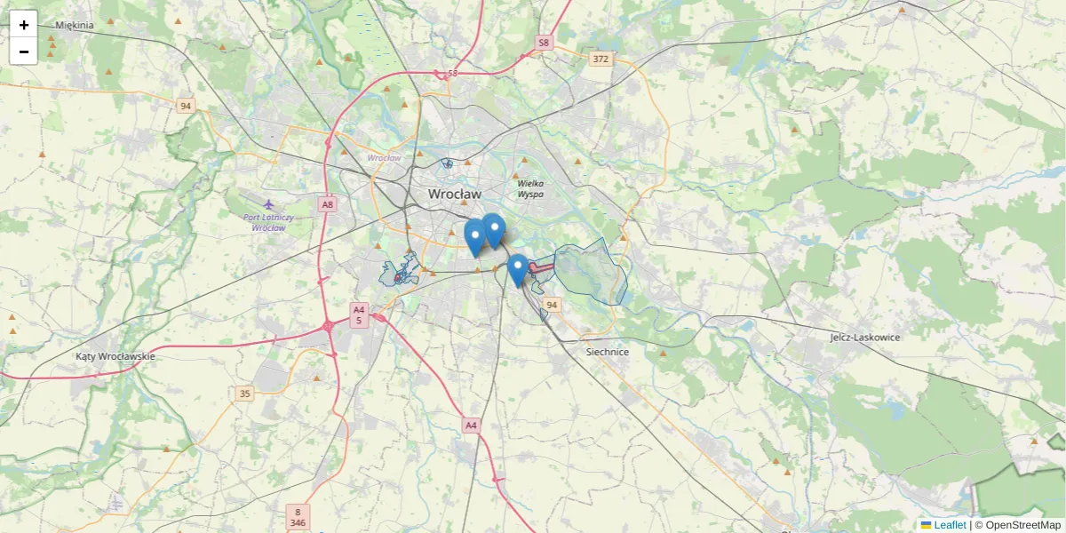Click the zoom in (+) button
(24, 25)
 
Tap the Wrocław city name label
(454, 193)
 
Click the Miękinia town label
(75, 25)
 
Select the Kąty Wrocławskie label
(115, 356)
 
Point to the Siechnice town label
(608, 352)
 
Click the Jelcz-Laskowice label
(865, 338)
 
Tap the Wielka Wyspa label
(531, 188)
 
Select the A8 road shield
(328, 204)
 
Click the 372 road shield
(601, 59)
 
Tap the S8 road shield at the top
(544, 42)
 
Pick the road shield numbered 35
(245, 393)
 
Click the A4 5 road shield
(359, 314)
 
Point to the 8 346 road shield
(298, 517)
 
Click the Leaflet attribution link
(949, 525)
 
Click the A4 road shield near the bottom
(471, 426)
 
